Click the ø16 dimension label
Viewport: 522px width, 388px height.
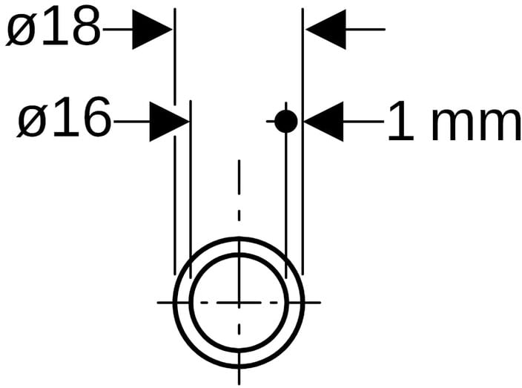tap(63, 120)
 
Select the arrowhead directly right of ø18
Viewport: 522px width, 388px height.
tap(152, 30)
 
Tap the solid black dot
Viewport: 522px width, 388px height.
tap(286, 121)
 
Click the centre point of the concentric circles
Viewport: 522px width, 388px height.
tap(239, 302)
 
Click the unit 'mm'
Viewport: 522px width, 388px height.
tap(476, 123)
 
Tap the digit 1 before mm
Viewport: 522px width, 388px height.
tap(400, 122)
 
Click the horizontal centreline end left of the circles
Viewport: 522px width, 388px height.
tap(163, 302)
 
